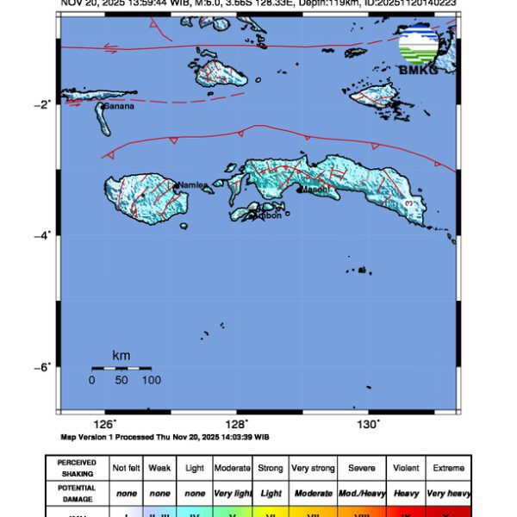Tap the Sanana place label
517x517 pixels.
117,107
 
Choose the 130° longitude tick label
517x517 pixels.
369,424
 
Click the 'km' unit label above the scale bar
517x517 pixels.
121,355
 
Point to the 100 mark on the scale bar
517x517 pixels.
152,380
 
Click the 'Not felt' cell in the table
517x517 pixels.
127,468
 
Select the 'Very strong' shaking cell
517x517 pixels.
313,468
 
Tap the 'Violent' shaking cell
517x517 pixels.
405,468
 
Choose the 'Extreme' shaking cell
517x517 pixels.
449,468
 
